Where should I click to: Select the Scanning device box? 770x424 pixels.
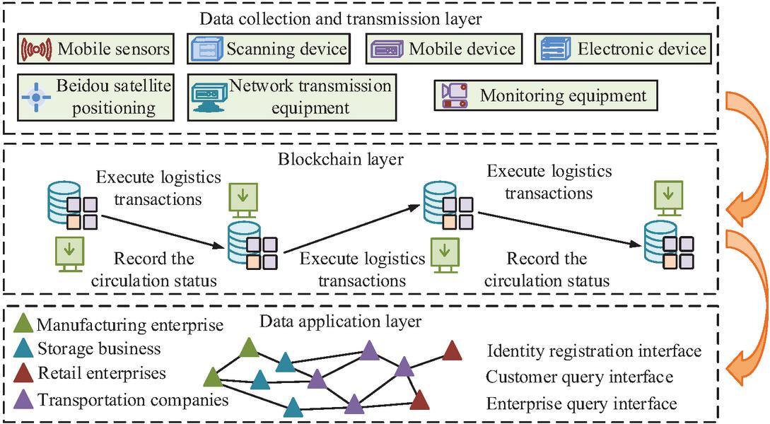269,49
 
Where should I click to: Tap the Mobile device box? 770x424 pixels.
445,49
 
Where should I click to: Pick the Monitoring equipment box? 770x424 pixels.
545,95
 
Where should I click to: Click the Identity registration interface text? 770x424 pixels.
594,351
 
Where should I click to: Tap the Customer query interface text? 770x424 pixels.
580,377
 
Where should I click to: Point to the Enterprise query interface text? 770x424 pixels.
582,404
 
